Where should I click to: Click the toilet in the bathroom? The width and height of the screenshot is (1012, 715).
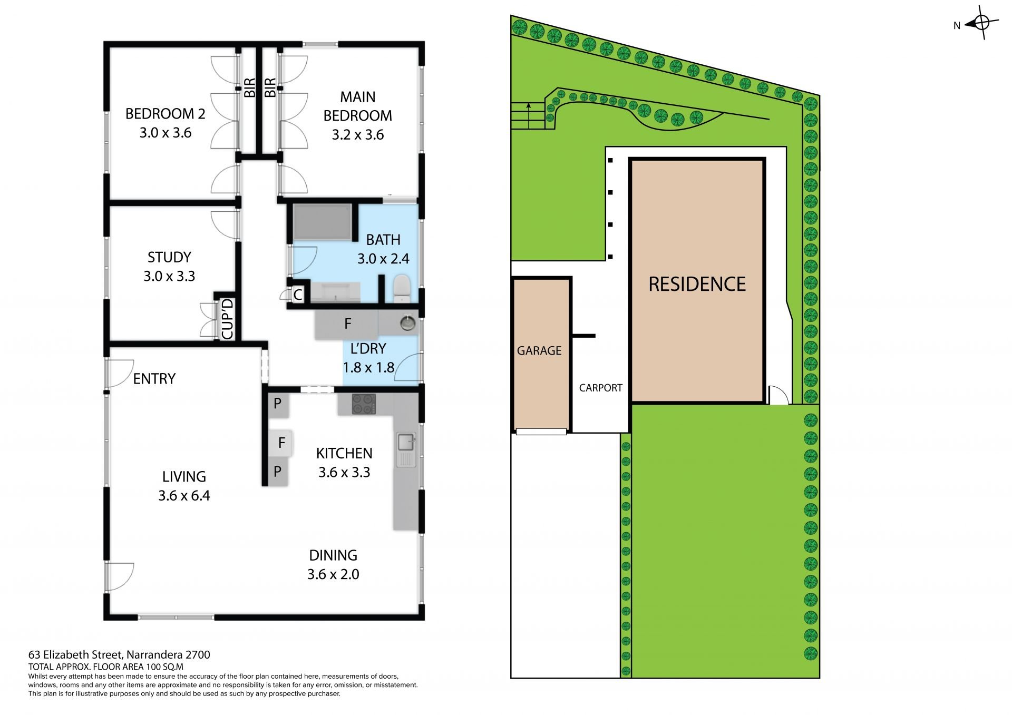click(x=402, y=288)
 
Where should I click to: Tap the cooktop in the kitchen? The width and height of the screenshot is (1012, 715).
click(x=364, y=404)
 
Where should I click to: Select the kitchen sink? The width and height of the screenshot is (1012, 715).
click(x=406, y=449)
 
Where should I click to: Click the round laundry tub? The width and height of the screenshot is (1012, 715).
click(x=407, y=322)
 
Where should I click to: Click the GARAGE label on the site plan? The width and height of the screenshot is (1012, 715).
click(x=539, y=350)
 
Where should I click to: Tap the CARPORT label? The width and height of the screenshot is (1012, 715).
click(x=600, y=388)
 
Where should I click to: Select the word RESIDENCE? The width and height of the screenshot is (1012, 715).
click(x=697, y=284)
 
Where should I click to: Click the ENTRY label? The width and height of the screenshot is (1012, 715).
click(x=154, y=378)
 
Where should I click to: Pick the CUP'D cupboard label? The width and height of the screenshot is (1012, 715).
click(x=227, y=319)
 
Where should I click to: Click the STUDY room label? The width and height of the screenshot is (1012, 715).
click(x=169, y=257)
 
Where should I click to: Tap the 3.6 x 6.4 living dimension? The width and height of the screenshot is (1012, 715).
click(x=184, y=495)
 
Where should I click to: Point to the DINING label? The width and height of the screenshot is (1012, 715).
click(x=333, y=555)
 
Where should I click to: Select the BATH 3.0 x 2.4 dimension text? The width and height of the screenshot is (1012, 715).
click(x=383, y=259)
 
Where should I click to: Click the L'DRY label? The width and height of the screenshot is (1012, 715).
click(x=368, y=348)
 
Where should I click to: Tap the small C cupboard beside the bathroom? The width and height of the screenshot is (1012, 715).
click(x=298, y=295)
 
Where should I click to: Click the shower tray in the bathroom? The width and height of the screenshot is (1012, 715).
click(x=322, y=222)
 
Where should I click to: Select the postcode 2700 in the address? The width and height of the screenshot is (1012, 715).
click(x=198, y=655)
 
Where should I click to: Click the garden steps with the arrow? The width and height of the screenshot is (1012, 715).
click(x=528, y=115)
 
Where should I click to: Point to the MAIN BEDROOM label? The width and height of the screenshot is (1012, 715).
click(x=358, y=106)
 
